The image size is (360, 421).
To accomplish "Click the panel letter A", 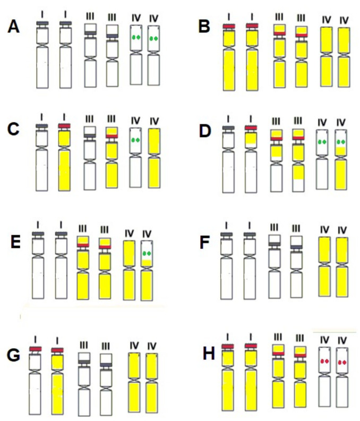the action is pos(14,27).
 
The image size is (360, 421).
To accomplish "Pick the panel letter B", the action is pos(204,27).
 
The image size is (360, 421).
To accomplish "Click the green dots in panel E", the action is pos(147,254).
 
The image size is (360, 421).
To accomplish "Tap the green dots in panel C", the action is pos(136,140).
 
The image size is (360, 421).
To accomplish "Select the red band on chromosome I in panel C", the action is pos(65,126).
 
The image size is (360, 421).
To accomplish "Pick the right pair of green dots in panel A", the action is pos(155,38).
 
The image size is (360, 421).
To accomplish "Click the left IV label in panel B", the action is pos(326,20).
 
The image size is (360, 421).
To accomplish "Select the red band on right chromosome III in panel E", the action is pos(105,247).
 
